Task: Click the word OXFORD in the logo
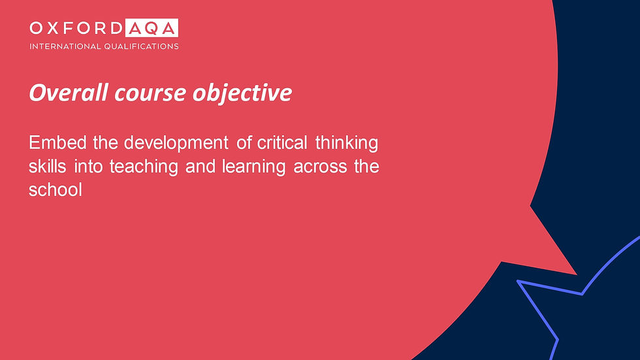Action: pos(76,28)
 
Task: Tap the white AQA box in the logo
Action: pos(152,27)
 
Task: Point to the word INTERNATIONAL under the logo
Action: pos(65,46)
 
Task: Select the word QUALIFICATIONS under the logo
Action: pos(141,46)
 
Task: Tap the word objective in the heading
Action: pos(242,93)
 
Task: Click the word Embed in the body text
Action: pos(57,143)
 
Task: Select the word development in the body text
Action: pos(176,144)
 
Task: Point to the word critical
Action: pos(282,143)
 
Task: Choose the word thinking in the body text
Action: pos(347,144)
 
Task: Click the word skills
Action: pos(47,167)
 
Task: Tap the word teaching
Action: pos(144,167)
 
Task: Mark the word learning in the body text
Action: pos(253,167)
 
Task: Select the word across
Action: pos(320,167)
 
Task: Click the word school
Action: pos(56,190)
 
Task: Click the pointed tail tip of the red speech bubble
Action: pos(576,274)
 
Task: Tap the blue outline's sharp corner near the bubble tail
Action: pos(518,281)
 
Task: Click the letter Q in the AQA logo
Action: pos(152,28)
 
